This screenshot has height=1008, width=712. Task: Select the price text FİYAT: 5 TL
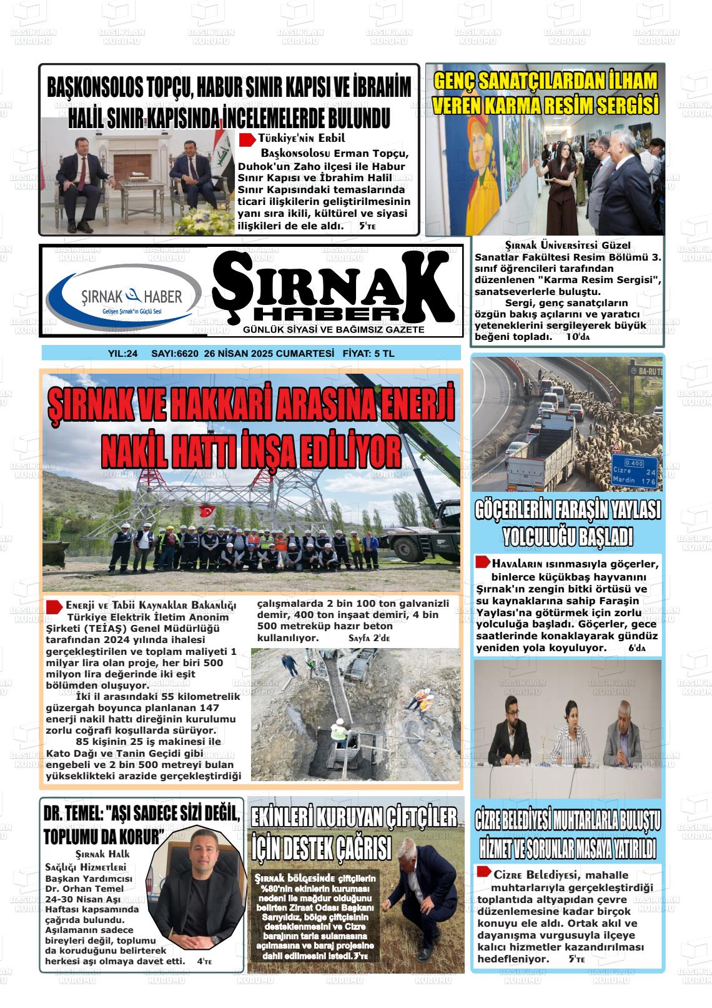368,354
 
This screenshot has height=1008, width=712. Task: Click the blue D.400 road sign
633,462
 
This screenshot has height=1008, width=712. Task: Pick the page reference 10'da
577,337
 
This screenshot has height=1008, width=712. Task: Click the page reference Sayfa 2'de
368,639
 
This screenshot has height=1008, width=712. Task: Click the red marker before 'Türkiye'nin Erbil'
247,138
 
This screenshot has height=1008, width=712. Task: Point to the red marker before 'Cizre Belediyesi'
483,872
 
